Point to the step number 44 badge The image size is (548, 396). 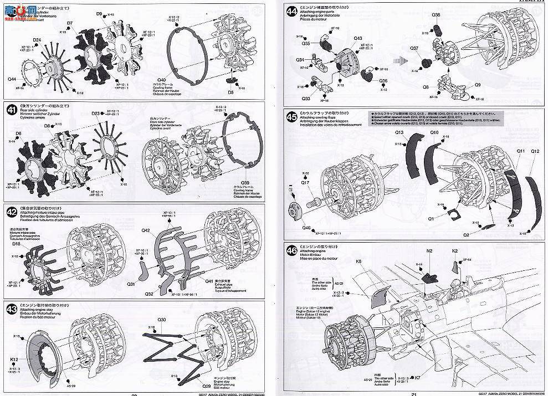pyautogui.click(x=290, y=10)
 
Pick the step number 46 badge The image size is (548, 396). pyautogui.click(x=290, y=248)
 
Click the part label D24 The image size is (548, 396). pyautogui.click(x=37, y=40)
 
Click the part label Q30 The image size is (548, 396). pyautogui.click(x=162, y=320)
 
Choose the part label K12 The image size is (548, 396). pyautogui.click(x=14, y=360)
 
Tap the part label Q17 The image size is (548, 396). pyautogui.click(x=305, y=182)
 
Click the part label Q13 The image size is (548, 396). pyautogui.click(x=399, y=132)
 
